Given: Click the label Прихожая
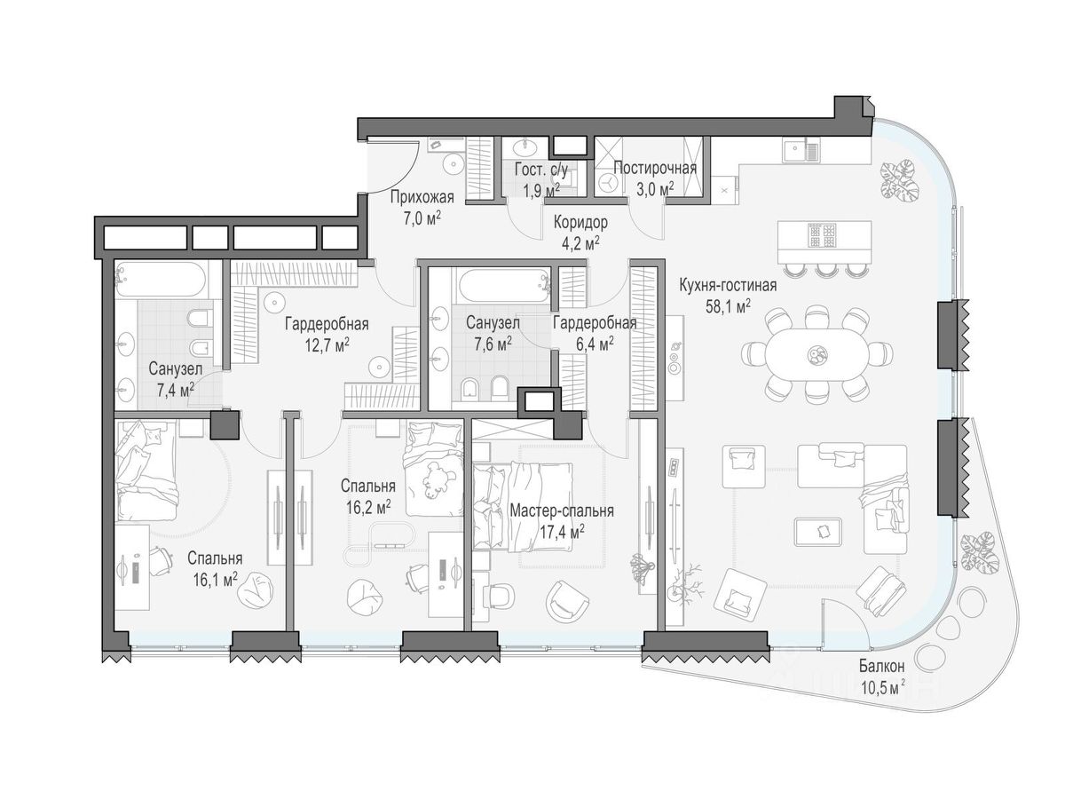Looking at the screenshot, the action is click(x=422, y=197).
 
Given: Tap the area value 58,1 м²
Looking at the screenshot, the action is click(x=728, y=307).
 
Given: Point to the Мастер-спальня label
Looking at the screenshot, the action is click(x=562, y=510).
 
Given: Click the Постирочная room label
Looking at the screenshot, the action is click(x=655, y=169).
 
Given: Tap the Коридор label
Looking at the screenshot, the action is click(x=580, y=223).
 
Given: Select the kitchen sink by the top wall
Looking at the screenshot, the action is click(x=801, y=150).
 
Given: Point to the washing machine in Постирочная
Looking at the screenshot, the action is click(x=608, y=184).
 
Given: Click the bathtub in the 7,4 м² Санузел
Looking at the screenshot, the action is click(x=160, y=279).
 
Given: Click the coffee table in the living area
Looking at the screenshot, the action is click(x=820, y=532).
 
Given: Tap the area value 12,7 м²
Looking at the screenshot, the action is click(x=327, y=345).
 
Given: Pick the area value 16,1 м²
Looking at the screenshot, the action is click(x=216, y=580).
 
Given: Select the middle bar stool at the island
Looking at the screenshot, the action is click(x=824, y=270).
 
